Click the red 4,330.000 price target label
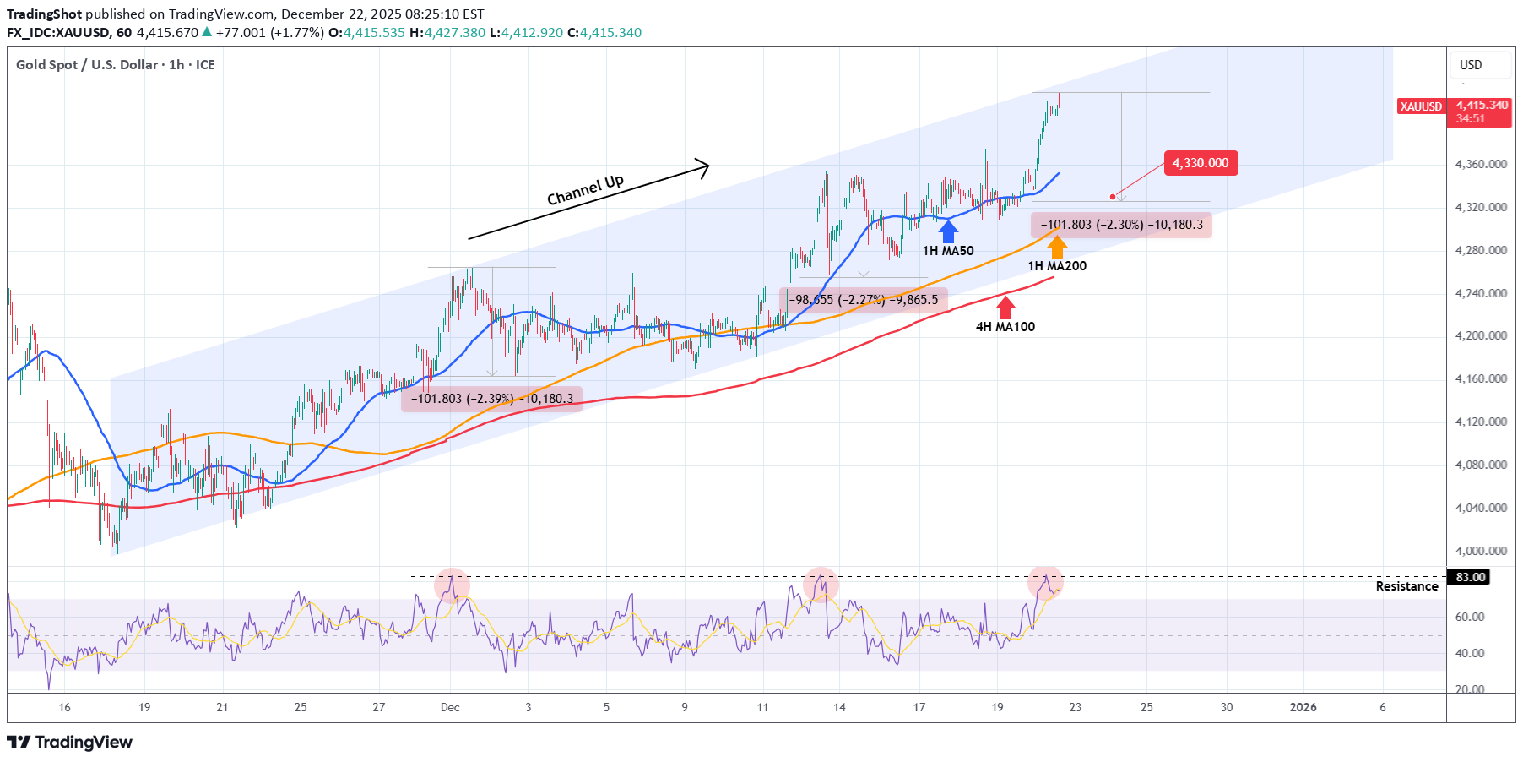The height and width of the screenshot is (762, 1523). click(1201, 163)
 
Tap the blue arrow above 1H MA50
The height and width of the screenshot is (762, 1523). click(948, 231)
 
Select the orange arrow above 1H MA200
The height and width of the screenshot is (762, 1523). click(1057, 247)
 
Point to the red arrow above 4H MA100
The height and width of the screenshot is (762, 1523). click(1005, 307)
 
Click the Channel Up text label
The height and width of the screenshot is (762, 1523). click(585, 190)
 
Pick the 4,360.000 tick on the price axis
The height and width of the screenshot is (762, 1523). click(1481, 164)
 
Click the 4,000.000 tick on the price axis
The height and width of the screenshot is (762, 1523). click(1481, 551)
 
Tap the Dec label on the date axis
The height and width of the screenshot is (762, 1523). click(450, 707)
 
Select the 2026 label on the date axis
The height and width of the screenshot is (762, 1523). click(1303, 707)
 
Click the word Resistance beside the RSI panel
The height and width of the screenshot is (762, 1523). click(1406, 586)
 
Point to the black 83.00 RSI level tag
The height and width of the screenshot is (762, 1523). click(1469, 577)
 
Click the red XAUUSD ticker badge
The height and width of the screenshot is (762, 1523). click(1421, 106)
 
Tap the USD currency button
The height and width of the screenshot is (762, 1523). click(1471, 65)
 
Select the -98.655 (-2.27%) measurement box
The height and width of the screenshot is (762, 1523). click(864, 300)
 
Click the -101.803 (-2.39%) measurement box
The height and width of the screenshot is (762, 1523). click(491, 399)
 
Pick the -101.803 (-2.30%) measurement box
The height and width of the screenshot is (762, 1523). click(1121, 225)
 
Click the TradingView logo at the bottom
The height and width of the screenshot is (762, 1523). click(70, 742)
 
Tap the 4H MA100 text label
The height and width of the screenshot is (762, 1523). click(1005, 327)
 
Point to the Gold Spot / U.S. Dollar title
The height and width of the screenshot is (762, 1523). click(116, 65)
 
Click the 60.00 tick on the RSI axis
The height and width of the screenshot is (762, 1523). click(1469, 617)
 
